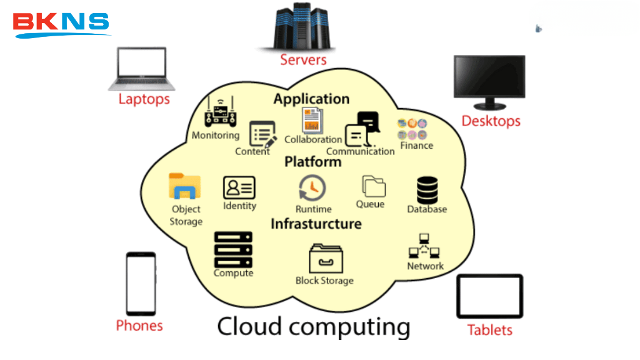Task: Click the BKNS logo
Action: point(61,24)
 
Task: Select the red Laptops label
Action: point(144,99)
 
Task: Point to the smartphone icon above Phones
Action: point(141,284)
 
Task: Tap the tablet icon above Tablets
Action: point(489,296)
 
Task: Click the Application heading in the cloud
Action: point(311,99)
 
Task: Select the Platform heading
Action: point(312,162)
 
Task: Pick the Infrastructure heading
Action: point(316,224)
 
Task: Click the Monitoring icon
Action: point(220,113)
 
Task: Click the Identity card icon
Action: point(239,187)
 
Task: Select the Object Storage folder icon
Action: point(184,187)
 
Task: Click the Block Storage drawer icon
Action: point(325,258)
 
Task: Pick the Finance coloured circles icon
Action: point(412,129)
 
